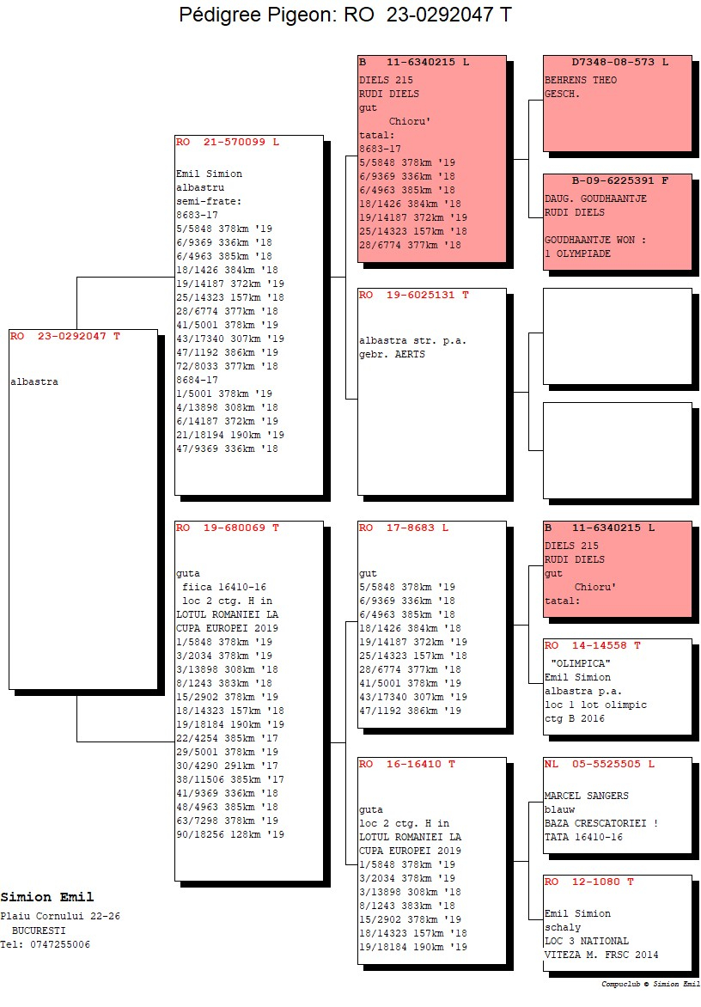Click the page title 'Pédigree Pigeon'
[255, 15]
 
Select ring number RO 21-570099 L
[228, 142]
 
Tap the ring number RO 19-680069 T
[228, 528]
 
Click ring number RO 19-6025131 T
[414, 295]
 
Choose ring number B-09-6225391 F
[620, 180]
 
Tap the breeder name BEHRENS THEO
[581, 80]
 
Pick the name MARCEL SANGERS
[586, 796]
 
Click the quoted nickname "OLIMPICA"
[581, 663]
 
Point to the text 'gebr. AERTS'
[392, 355]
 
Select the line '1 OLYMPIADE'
[578, 253]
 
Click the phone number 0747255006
[60, 944]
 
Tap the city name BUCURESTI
[39, 931]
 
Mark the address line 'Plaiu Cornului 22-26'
[60, 917]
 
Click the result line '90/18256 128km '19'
[230, 835]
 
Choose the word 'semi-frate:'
[209, 202]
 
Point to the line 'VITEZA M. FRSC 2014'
[600, 955]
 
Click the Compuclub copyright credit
[650, 984]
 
